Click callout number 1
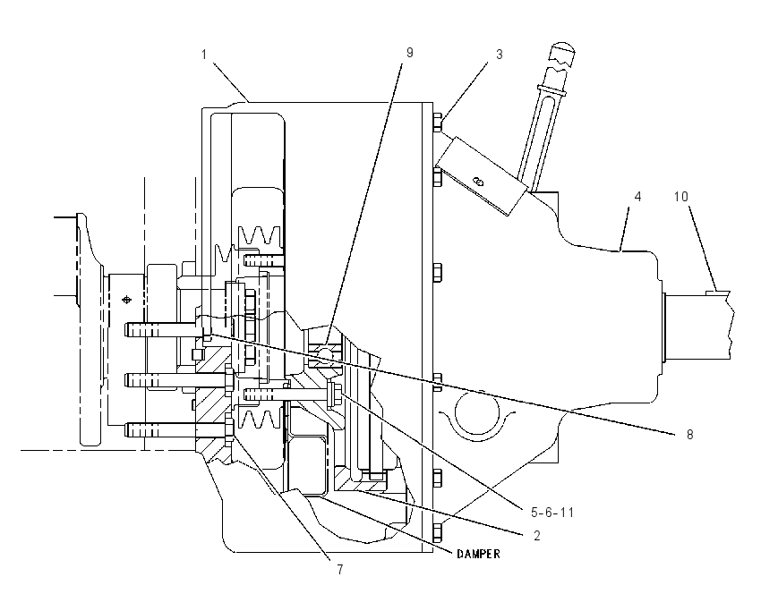[204, 55]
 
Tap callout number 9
[410, 53]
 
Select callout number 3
[500, 55]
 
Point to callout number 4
[637, 197]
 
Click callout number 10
[681, 197]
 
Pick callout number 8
[689, 435]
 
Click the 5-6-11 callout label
[552, 512]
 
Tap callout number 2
[537, 535]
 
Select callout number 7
[340, 569]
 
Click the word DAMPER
[479, 554]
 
